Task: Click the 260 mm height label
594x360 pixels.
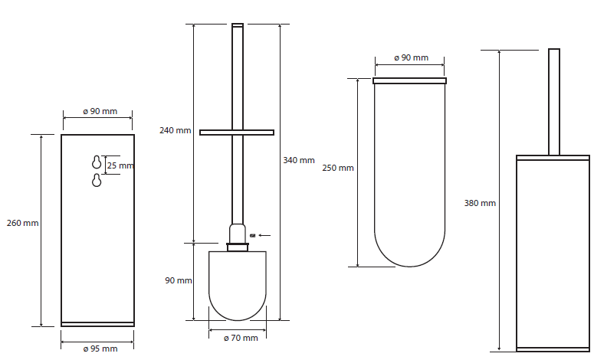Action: click(x=23, y=223)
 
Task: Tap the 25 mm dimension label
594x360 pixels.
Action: click(x=120, y=165)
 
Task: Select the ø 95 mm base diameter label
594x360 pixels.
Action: click(x=100, y=349)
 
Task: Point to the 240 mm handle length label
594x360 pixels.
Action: click(x=175, y=130)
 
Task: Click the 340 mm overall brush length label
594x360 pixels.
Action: click(x=299, y=160)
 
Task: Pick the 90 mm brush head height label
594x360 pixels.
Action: click(x=179, y=280)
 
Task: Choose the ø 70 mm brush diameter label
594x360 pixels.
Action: click(x=241, y=338)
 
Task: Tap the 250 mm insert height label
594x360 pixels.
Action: click(x=338, y=168)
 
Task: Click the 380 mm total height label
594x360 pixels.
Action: click(x=480, y=203)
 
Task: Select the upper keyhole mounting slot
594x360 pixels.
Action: click(x=97, y=162)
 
